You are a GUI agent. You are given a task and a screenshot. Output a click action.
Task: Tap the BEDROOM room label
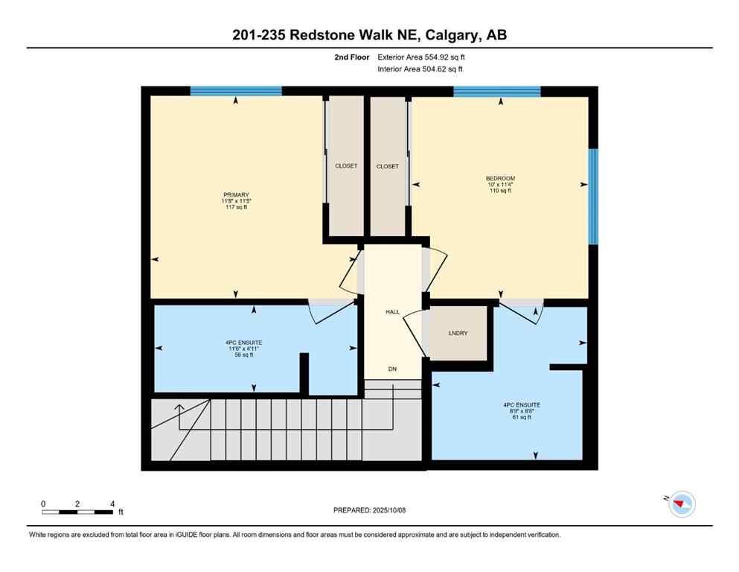click(x=500, y=179)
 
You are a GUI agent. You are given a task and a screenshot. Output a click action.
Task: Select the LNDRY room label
click(x=458, y=333)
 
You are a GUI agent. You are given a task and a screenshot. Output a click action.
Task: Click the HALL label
click(x=393, y=312)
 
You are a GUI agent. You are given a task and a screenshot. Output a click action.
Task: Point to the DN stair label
click(x=392, y=369)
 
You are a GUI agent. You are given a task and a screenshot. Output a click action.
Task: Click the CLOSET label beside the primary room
click(x=346, y=166)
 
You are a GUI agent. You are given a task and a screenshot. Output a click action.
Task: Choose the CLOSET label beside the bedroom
click(x=387, y=167)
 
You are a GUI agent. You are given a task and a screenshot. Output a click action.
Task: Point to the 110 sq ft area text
click(x=500, y=191)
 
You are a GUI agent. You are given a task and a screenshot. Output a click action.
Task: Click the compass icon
click(x=681, y=504)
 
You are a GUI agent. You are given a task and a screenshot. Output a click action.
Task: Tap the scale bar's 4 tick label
click(x=112, y=503)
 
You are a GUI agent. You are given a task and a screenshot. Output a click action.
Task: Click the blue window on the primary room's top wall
click(x=236, y=91)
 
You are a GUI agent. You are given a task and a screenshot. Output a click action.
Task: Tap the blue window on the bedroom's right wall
click(x=593, y=197)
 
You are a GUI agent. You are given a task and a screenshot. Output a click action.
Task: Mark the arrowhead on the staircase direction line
click(x=179, y=407)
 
